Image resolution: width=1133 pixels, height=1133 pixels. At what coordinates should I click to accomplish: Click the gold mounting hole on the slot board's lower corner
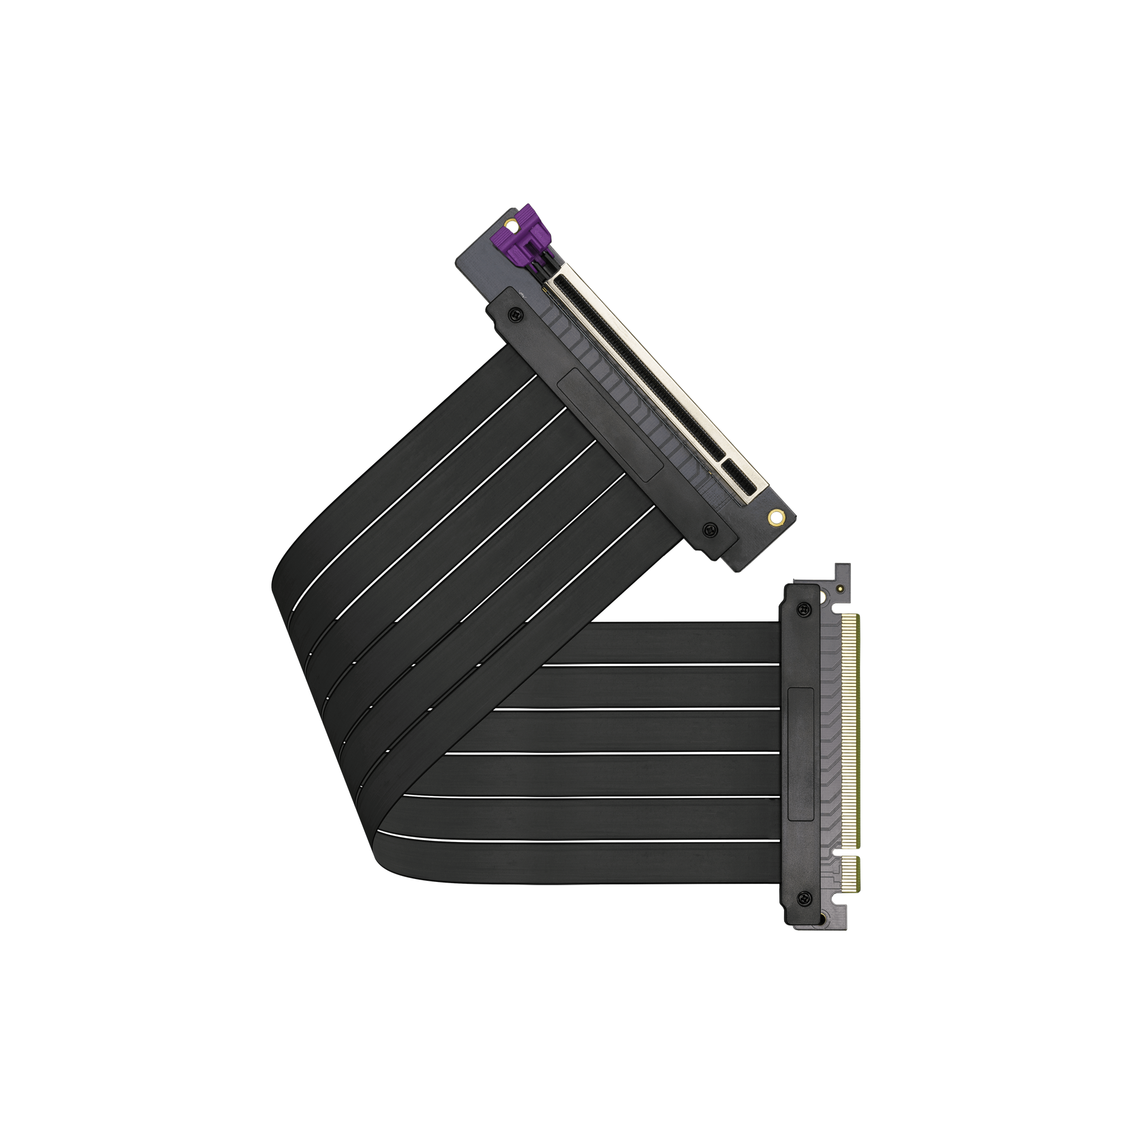(776, 516)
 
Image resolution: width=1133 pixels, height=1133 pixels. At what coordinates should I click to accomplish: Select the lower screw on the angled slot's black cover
(709, 528)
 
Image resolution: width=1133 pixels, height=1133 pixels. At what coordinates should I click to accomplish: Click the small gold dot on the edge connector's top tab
(840, 589)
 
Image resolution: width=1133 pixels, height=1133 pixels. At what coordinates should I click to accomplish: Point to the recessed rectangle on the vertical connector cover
(801, 755)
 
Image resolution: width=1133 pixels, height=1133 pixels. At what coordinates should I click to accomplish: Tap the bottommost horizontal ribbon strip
(596, 868)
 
